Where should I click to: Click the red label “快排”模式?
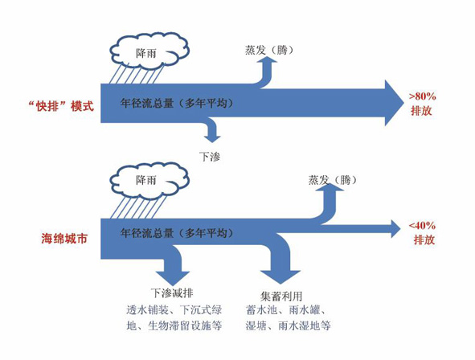(x=61, y=106)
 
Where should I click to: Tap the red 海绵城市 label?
(x=64, y=239)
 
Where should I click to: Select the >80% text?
(x=422, y=96)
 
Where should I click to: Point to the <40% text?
(x=422, y=226)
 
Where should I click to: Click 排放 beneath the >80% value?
(x=421, y=111)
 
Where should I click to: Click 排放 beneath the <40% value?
(x=424, y=239)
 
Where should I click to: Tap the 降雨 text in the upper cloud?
(x=146, y=53)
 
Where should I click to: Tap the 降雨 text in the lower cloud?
(x=146, y=180)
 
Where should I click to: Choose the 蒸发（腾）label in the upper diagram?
(x=269, y=50)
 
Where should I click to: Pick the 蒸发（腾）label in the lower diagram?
(x=332, y=180)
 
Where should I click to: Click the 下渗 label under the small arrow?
(x=210, y=157)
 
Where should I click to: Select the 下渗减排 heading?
(x=172, y=292)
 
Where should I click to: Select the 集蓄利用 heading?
(x=281, y=296)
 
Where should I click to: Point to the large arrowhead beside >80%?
(x=394, y=103)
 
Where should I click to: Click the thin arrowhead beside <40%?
(x=396, y=229)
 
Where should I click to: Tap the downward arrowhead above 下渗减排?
(x=173, y=278)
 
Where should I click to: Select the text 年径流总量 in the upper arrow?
(x=146, y=104)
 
